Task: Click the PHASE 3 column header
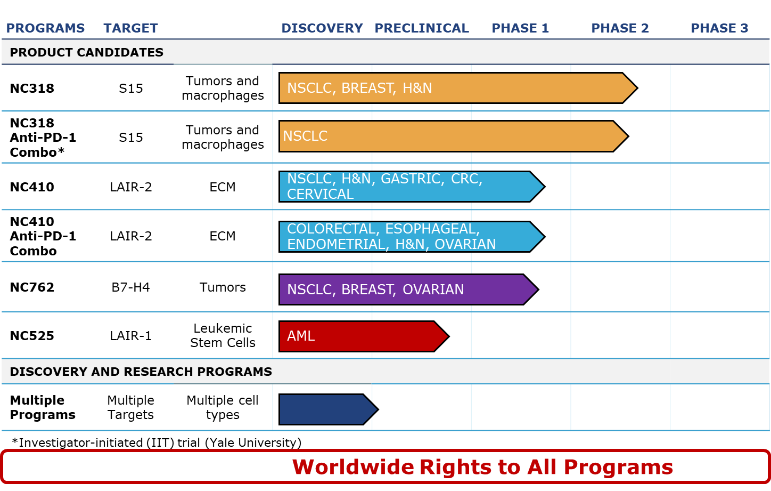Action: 719,28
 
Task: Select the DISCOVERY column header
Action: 322,28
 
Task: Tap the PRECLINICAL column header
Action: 422,28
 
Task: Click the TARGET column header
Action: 131,28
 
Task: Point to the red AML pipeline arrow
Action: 364,336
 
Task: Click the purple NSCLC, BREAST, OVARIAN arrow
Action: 408,289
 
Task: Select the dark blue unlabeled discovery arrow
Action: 329,409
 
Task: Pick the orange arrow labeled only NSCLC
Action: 454,136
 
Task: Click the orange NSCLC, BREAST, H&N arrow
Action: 458,88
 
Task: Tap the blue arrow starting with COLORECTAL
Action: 412,237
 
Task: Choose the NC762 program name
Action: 32,287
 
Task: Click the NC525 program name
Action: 32,336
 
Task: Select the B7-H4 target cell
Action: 131,287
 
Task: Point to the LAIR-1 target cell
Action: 131,336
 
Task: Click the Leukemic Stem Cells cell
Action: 223,336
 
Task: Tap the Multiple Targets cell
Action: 131,408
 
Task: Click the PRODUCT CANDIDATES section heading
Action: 87,52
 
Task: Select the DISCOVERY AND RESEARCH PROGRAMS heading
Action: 141,372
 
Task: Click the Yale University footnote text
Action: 253,443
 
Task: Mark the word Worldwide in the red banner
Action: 353,467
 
